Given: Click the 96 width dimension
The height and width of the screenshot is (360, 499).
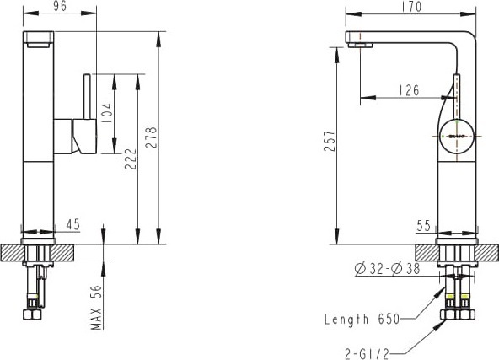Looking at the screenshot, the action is pyautogui.click(x=60, y=7).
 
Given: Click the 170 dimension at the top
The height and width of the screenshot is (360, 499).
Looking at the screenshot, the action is pyautogui.click(x=411, y=7).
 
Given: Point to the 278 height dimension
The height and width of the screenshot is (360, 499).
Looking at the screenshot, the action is pyautogui.click(x=151, y=137).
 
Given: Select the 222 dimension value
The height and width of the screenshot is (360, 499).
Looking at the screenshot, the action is pyautogui.click(x=130, y=159).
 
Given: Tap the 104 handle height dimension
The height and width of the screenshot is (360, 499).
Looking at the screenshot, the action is pyautogui.click(x=106, y=113).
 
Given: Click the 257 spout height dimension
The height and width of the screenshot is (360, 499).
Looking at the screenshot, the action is pyautogui.click(x=330, y=140).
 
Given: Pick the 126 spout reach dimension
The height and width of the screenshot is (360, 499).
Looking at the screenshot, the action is pyautogui.click(x=409, y=90).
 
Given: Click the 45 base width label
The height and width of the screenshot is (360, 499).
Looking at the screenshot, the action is pyautogui.click(x=72, y=225).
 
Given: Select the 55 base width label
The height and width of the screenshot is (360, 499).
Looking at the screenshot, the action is pyautogui.click(x=424, y=226).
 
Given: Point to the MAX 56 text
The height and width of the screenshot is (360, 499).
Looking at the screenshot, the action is pyautogui.click(x=96, y=307).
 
